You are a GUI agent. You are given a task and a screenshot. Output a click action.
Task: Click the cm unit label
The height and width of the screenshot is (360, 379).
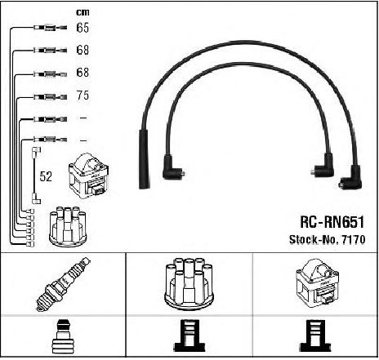(82, 12)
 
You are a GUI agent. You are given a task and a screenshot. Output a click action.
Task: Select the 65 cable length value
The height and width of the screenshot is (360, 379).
(82, 28)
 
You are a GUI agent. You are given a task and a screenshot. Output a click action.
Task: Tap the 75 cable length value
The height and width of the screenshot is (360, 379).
(82, 96)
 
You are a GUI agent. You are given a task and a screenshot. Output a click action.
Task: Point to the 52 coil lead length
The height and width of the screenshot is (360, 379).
(46, 176)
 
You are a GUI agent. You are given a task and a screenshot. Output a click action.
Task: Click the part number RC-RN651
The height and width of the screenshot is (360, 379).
(332, 222)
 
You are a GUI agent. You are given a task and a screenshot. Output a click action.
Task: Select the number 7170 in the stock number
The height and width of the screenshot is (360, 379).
(354, 239)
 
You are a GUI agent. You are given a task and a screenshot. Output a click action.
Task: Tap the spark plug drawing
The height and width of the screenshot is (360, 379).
(63, 284)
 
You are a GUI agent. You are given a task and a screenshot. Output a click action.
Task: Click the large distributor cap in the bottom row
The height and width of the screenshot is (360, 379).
(189, 284)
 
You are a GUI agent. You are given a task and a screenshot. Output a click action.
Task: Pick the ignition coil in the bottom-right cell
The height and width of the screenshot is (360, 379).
(317, 283)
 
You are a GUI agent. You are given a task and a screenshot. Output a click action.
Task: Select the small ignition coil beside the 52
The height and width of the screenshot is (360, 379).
(89, 176)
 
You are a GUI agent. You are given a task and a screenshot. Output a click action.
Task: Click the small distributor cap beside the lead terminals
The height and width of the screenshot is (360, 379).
(68, 227)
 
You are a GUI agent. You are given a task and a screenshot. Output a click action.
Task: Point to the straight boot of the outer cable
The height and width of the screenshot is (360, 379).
(144, 159)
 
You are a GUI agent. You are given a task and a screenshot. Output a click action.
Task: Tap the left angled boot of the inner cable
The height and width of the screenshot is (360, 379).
(172, 167)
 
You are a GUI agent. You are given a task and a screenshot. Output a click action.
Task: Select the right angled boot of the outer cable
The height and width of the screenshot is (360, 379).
(351, 178)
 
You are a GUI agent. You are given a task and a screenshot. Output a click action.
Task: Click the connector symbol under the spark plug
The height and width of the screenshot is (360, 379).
(63, 337)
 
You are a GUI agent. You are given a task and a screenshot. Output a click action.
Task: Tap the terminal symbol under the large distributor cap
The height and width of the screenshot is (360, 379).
(189, 336)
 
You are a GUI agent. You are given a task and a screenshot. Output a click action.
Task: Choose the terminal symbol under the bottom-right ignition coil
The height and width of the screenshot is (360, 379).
(315, 336)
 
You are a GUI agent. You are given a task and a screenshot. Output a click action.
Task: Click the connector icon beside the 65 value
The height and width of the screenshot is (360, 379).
(51, 28)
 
